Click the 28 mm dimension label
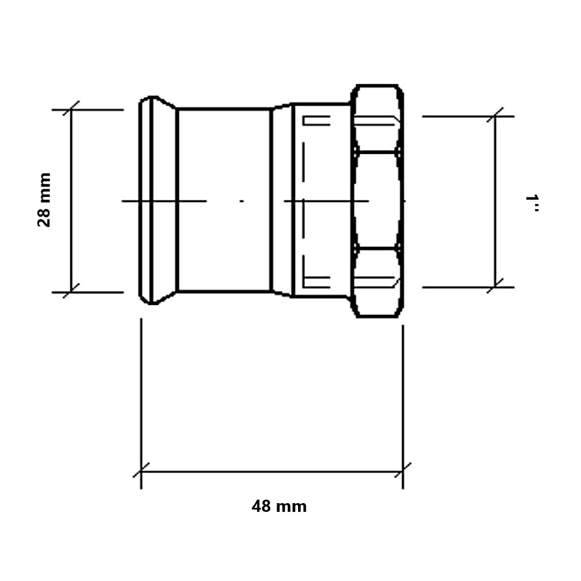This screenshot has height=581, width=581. [44, 200]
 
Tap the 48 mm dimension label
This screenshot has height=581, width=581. [279, 506]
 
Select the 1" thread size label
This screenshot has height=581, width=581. [532, 203]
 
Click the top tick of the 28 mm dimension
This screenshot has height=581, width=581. [71, 108]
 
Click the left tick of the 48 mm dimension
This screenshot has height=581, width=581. [141, 470]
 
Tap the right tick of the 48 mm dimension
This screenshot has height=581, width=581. [403, 470]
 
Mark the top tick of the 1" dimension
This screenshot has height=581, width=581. [495, 115]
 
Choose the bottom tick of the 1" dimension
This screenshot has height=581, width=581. [495, 286]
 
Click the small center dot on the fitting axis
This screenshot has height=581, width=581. [242, 201]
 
